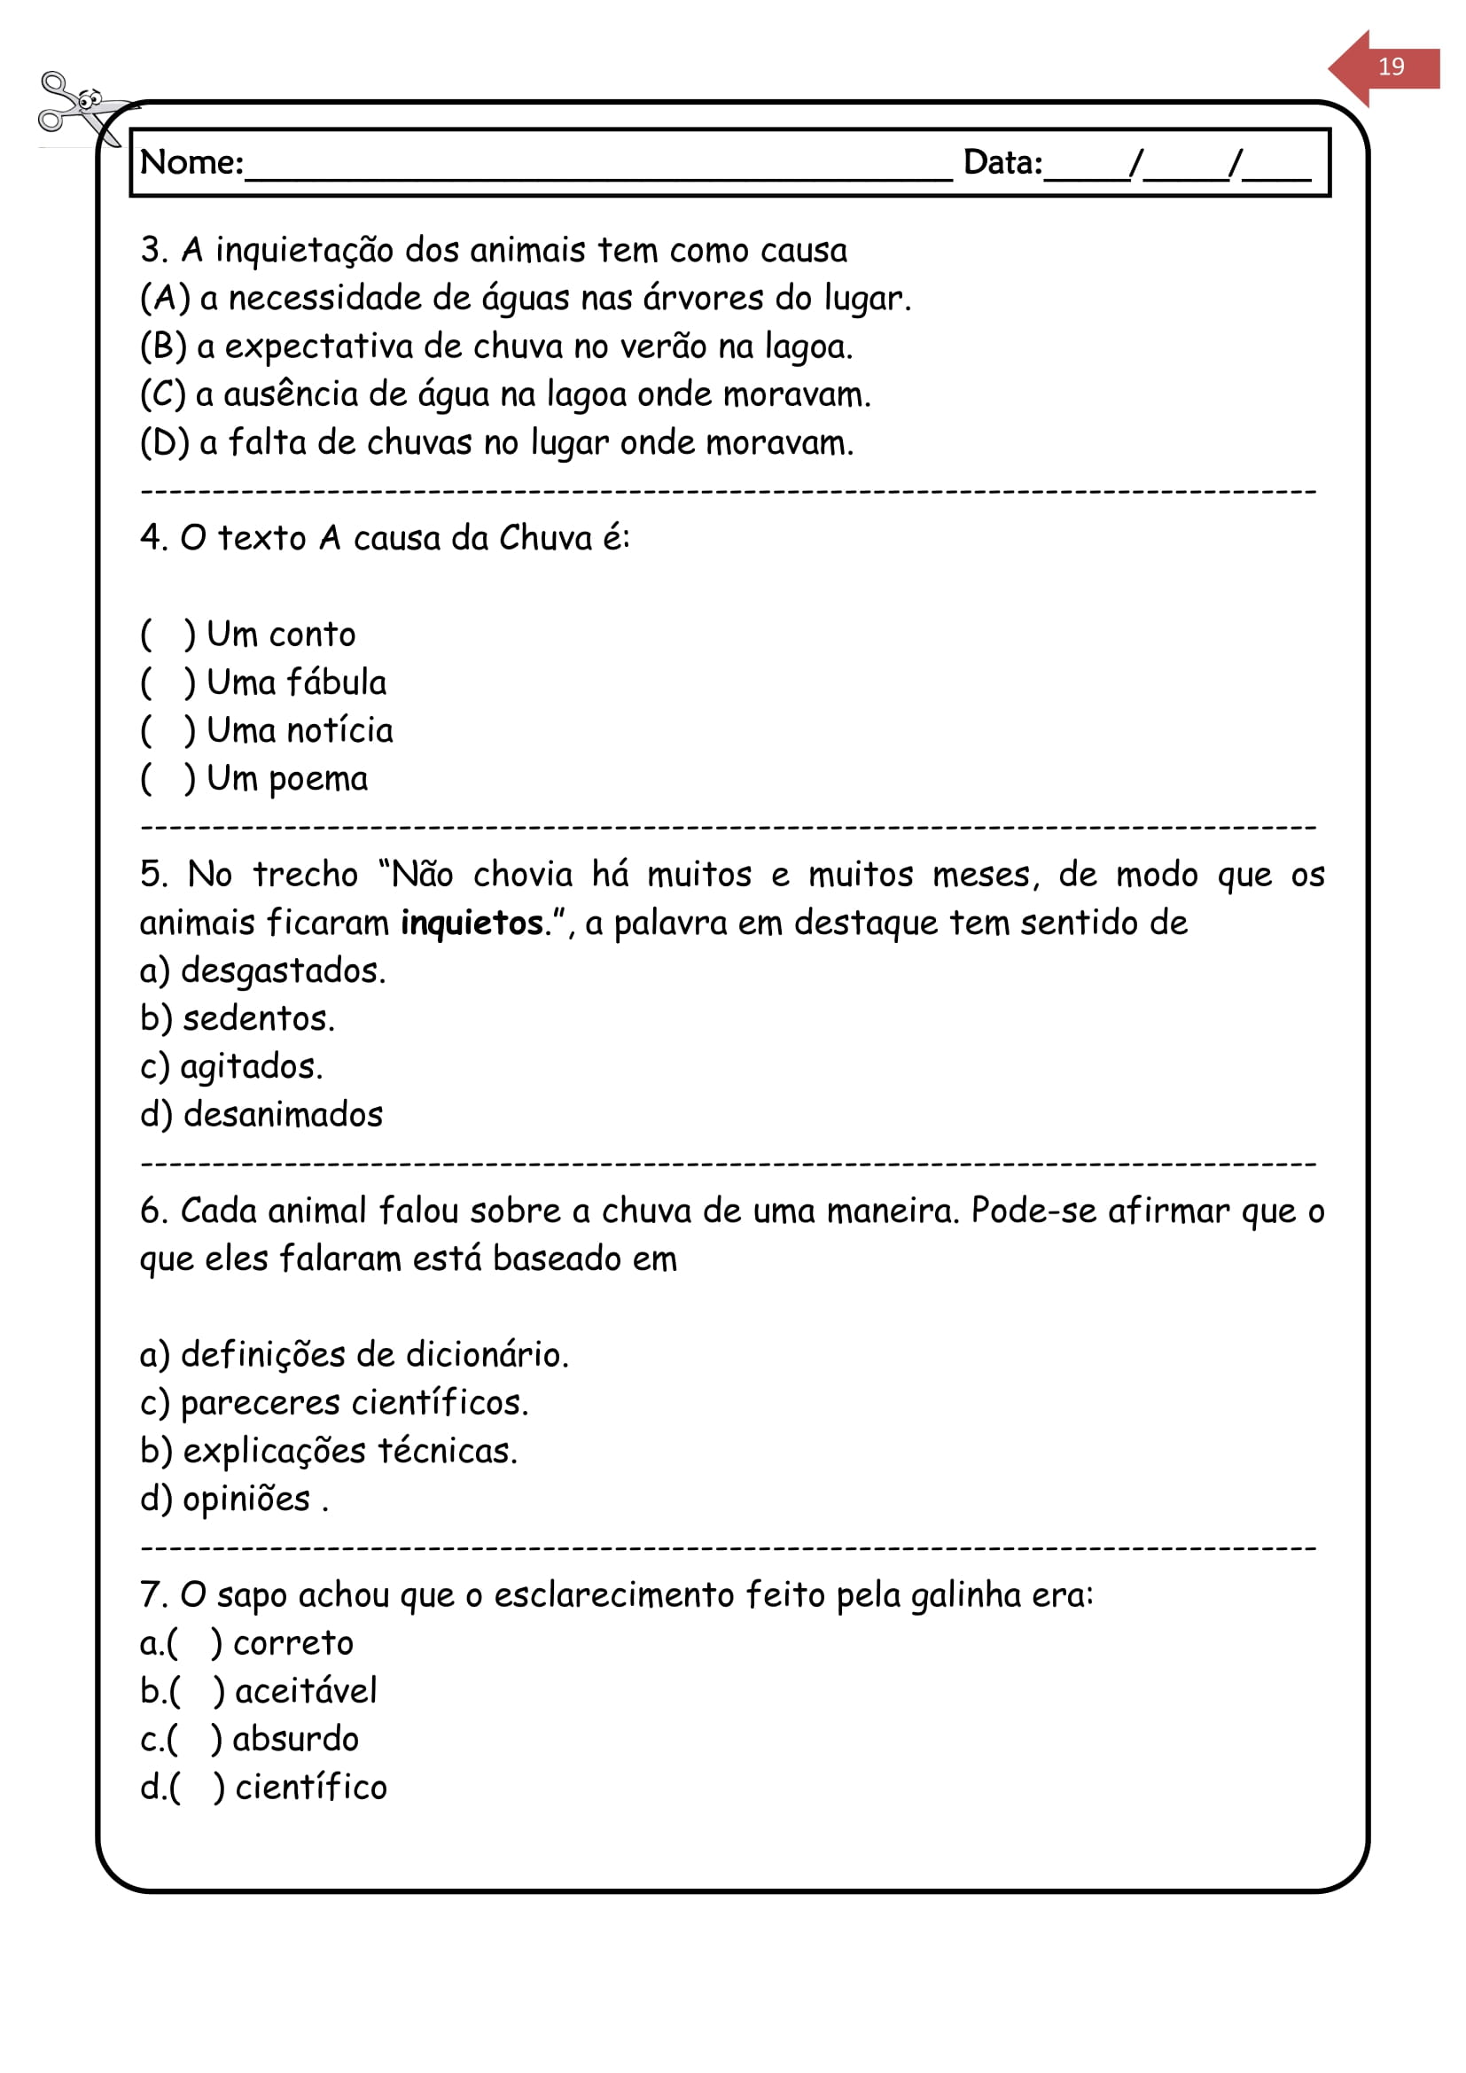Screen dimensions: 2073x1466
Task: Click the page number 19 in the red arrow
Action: pos(1390,66)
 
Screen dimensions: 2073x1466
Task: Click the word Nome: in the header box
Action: pos(191,162)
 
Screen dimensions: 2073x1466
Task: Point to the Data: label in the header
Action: pos(1002,162)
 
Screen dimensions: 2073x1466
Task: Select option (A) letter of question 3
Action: pos(164,298)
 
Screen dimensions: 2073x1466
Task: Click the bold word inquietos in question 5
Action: pos(472,923)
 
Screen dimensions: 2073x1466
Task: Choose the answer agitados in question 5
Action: pos(250,1067)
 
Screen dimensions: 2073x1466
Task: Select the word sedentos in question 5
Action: pos(257,1018)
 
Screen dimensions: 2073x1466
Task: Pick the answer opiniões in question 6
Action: pos(246,1500)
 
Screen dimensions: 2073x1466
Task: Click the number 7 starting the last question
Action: pos(150,1595)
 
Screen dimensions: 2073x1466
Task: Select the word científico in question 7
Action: pos(310,1788)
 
